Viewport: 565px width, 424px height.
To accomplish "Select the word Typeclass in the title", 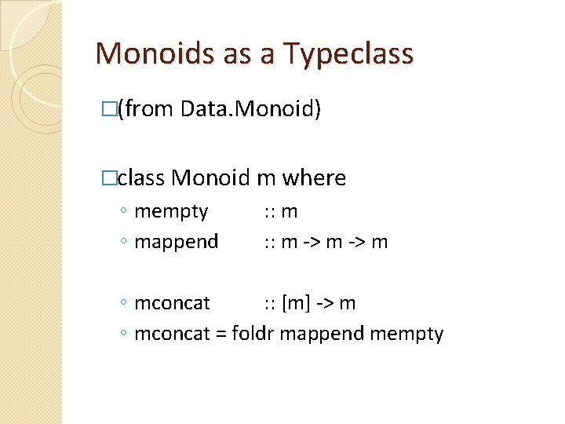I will (349, 53).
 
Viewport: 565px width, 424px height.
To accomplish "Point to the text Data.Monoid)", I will (250, 109).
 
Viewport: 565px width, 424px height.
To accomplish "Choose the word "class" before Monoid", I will (141, 177).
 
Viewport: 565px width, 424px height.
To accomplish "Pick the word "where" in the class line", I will (314, 177).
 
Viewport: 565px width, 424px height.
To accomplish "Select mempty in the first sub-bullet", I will (171, 212).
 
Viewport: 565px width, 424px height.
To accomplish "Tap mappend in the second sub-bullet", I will (177, 242).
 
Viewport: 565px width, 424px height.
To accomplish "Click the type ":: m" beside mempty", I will (280, 211).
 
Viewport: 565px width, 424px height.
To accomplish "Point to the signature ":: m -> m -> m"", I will (325, 242).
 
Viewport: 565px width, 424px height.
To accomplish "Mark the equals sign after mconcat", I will (221, 334).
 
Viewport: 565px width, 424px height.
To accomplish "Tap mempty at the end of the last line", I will (406, 334).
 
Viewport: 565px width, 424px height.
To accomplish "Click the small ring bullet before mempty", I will (126, 212).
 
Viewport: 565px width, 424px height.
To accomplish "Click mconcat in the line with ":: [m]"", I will (173, 304).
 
